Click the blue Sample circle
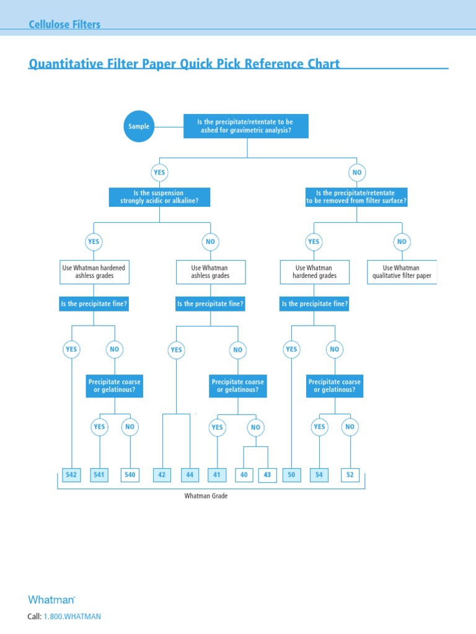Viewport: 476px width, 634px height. click(x=139, y=126)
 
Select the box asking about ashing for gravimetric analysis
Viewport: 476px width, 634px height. click(x=245, y=126)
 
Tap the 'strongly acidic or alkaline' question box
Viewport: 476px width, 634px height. click(x=160, y=197)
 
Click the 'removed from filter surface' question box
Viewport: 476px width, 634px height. click(x=356, y=197)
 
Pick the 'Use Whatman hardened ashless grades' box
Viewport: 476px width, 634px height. click(x=94, y=272)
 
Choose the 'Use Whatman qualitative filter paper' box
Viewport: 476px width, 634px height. click(x=402, y=272)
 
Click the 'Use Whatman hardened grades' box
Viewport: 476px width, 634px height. click(x=314, y=272)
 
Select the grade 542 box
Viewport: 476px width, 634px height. click(x=72, y=475)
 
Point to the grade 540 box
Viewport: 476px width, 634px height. click(x=130, y=475)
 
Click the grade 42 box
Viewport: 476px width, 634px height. click(x=162, y=475)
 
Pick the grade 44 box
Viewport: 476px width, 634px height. click(x=190, y=475)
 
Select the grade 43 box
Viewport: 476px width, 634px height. click(x=267, y=475)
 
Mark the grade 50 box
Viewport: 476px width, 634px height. click(x=291, y=475)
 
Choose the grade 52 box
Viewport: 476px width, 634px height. click(x=350, y=475)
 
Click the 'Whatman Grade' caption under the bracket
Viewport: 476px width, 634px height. click(x=206, y=496)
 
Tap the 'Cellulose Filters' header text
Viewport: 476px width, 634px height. click(x=64, y=25)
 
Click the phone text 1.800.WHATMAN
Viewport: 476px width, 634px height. click(x=72, y=617)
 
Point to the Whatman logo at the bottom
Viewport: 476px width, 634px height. click(x=51, y=599)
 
